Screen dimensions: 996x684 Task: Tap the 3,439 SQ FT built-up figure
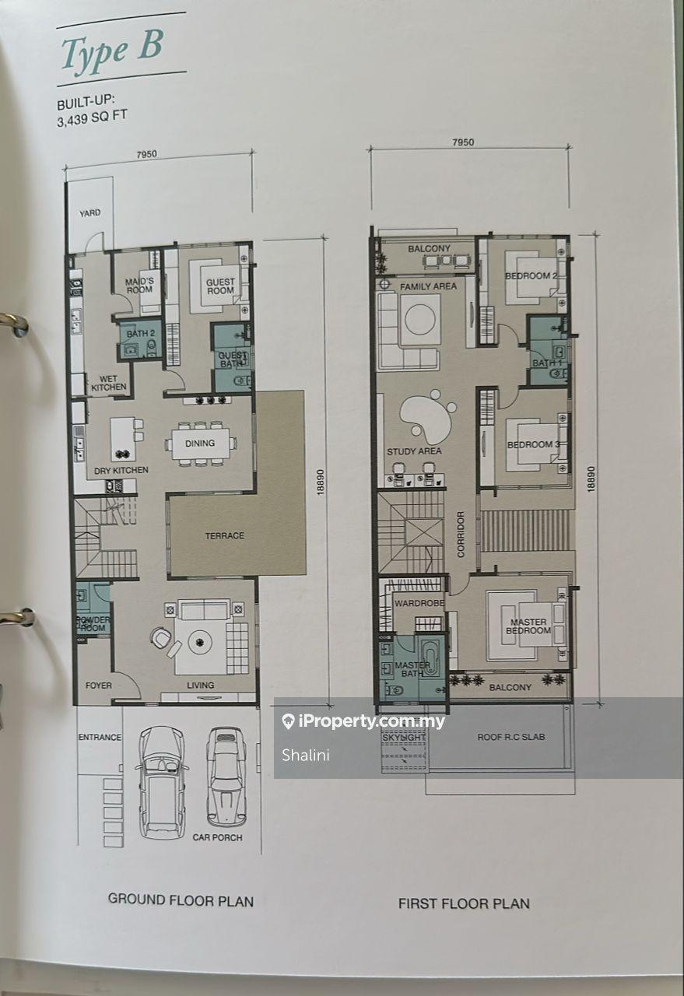click(92, 118)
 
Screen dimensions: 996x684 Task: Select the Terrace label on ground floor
click(224, 535)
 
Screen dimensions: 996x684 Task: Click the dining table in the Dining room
click(202, 444)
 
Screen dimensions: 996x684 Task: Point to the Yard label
click(89, 212)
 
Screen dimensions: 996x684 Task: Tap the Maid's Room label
click(140, 286)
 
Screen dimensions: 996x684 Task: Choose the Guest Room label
click(220, 286)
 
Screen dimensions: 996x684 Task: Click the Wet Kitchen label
click(109, 383)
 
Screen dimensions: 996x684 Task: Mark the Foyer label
click(99, 686)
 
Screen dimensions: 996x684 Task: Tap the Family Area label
click(428, 287)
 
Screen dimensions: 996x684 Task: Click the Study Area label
click(414, 451)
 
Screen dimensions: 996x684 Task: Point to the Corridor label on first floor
click(461, 533)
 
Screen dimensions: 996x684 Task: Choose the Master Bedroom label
click(528, 626)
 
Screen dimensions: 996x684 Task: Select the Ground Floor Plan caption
click(181, 900)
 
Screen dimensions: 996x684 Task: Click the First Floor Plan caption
click(464, 903)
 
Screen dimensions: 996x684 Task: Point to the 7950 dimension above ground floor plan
click(146, 154)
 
